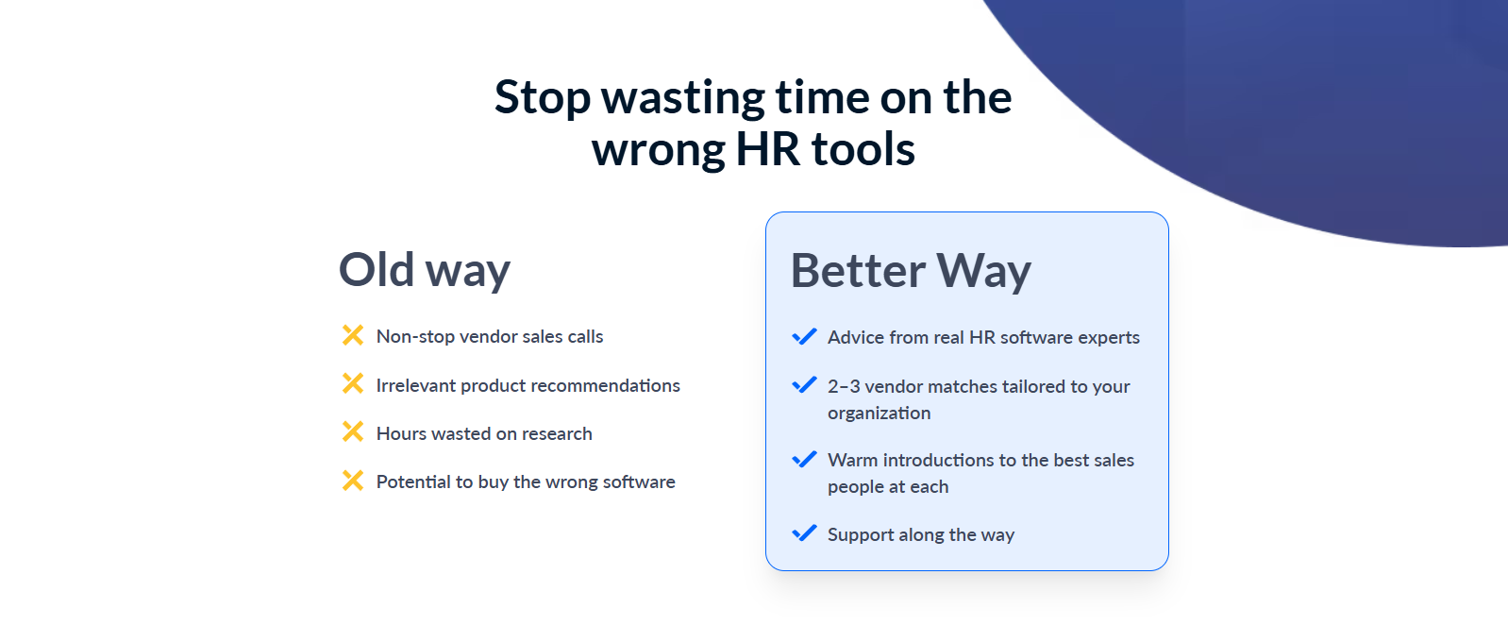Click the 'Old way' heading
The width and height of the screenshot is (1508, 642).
click(424, 270)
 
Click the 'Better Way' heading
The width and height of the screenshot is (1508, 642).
click(911, 271)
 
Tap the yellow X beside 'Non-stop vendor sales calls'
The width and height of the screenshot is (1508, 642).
click(353, 335)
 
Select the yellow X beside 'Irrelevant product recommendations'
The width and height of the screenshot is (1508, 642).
click(353, 383)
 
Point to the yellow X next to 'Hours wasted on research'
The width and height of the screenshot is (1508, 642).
click(353, 431)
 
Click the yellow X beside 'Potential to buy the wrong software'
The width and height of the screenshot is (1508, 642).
click(353, 481)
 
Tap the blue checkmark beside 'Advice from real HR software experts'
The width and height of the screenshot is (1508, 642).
click(805, 336)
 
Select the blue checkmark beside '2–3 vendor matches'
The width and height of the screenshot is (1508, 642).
click(805, 384)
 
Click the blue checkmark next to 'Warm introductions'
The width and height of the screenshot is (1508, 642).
click(805, 459)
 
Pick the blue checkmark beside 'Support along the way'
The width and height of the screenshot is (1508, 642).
click(805, 532)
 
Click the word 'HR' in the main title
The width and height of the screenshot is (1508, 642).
click(767, 149)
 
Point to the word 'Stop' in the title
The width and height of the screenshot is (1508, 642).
click(543, 97)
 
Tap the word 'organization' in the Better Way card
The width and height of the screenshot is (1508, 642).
click(880, 413)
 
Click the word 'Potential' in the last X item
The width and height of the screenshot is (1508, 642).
click(413, 481)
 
